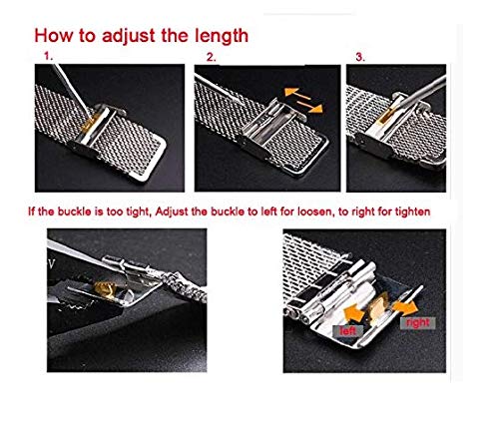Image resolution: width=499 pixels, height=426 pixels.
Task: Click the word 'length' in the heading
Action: click(222, 36)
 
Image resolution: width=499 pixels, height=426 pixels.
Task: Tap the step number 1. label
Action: click(49, 57)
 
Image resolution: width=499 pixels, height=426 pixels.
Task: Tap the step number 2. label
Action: click(211, 57)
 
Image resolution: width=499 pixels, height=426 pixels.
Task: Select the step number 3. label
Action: click(360, 57)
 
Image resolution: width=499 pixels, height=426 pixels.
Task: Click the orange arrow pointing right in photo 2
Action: click(309, 107)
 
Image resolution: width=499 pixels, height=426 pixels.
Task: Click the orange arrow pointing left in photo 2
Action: click(297, 94)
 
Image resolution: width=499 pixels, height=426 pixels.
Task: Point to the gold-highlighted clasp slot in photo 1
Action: click(91, 122)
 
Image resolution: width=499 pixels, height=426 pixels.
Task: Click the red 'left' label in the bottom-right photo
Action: click(348, 331)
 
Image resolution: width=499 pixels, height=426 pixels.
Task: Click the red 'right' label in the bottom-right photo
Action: click(418, 323)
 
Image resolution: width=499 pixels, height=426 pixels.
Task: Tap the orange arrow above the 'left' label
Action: click(354, 312)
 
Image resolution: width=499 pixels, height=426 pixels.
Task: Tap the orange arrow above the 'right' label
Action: click(405, 308)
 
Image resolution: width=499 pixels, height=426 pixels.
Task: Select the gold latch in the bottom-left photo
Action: click(105, 289)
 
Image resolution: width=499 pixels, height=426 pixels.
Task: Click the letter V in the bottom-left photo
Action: click(51, 264)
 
